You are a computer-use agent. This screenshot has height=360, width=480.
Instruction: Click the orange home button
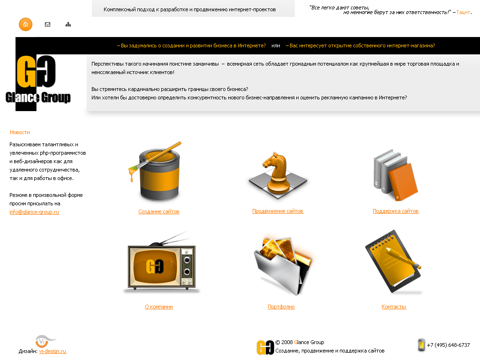pyautogui.click(x=25, y=24)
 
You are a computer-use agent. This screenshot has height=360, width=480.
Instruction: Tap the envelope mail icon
pyautogui.click(x=47, y=24)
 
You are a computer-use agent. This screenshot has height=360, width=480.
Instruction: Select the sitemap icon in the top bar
pyautogui.click(x=68, y=24)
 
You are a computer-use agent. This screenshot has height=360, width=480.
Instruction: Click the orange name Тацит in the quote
pyautogui.click(x=463, y=12)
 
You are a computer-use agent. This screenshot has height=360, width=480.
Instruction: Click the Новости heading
pyautogui.click(x=20, y=132)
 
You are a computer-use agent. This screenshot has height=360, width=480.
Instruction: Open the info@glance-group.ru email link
pyautogui.click(x=34, y=212)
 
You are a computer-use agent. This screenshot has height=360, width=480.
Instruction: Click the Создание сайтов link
pyautogui.click(x=159, y=211)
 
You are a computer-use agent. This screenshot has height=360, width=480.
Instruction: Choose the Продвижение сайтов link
pyautogui.click(x=277, y=211)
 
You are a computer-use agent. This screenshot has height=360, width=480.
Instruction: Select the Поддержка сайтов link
pyautogui.click(x=396, y=211)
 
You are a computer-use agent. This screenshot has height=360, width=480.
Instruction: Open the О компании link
pyautogui.click(x=159, y=307)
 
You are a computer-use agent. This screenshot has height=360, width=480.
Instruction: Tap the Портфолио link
pyautogui.click(x=281, y=307)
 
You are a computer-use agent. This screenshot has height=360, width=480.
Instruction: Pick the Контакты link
pyautogui.click(x=394, y=307)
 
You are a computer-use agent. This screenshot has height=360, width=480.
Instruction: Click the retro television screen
pyautogui.click(x=155, y=266)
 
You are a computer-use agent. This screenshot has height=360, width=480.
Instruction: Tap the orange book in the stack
pyautogui.click(x=403, y=182)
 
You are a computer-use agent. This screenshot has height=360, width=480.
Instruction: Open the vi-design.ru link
pyautogui.click(x=52, y=351)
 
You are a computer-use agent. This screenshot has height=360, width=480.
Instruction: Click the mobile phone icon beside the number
pyautogui.click(x=421, y=345)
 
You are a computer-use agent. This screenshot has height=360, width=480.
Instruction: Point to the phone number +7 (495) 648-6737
pyautogui.click(x=449, y=345)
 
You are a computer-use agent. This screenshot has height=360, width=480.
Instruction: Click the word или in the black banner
pyautogui.click(x=276, y=45)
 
